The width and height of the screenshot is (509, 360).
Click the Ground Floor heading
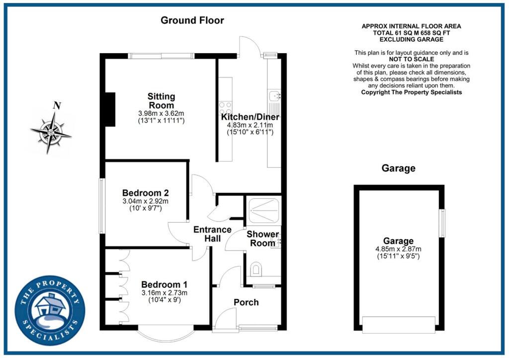tap(192, 20)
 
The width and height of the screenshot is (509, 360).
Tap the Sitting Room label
tap(161, 100)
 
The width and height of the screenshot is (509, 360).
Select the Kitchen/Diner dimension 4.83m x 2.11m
tap(247, 125)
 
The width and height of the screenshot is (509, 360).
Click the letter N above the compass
tap(57, 105)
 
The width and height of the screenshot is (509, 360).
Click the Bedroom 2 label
tap(146, 192)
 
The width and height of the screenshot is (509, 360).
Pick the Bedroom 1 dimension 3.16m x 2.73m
tap(164, 293)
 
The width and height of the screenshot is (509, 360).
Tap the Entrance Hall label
tap(212, 234)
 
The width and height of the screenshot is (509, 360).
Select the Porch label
tap(246, 302)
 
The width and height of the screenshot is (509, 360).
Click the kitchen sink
tap(274, 95)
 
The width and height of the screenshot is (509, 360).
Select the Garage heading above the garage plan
tap(398, 168)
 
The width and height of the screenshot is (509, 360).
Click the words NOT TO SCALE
tap(412, 59)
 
